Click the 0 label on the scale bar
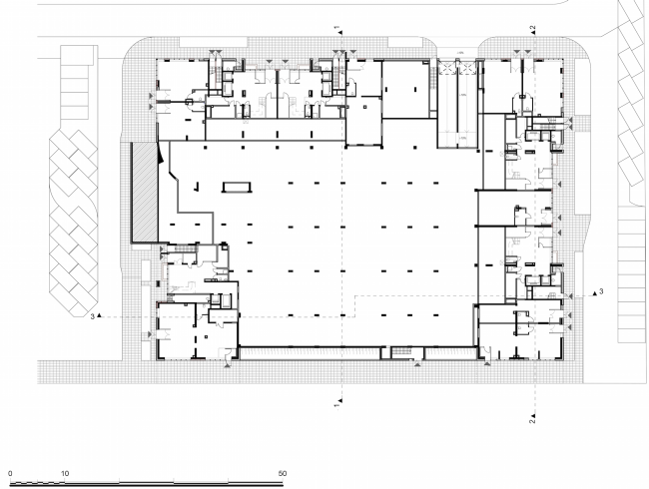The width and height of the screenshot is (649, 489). tap(9, 472)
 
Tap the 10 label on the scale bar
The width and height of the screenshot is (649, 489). tap(64, 472)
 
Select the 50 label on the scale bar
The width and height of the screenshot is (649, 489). tap(283, 472)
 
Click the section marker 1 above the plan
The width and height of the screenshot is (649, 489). tap(337, 23)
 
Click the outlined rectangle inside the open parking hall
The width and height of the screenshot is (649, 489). tap(237, 185)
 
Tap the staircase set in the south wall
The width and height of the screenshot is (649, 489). tap(403, 350)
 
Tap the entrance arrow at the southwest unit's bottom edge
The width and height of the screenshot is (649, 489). tap(229, 366)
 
